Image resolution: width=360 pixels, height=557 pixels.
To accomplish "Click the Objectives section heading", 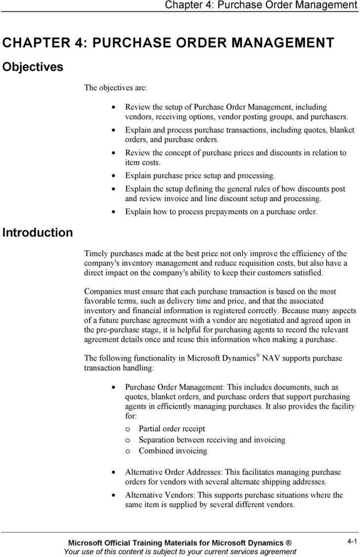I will pos(33,67).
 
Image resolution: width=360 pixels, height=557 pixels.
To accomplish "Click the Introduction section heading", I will pos(38,232).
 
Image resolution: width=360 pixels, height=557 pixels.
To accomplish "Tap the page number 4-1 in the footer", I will pos(352,542).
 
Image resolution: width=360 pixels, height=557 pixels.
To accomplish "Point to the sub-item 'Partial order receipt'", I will pos(172,429).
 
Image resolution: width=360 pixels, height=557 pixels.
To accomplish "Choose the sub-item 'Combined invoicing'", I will pos(173,451).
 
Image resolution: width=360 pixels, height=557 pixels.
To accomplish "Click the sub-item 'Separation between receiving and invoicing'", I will pos(212,440).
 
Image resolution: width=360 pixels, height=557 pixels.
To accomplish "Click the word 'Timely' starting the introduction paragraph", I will pos(96,254).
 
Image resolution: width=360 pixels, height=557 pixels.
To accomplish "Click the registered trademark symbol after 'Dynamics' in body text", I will pos(258,355).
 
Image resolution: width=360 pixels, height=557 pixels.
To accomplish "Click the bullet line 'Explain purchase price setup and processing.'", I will pos(199,175).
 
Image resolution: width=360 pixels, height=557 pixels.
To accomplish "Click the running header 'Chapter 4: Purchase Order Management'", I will pos(261,5).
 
